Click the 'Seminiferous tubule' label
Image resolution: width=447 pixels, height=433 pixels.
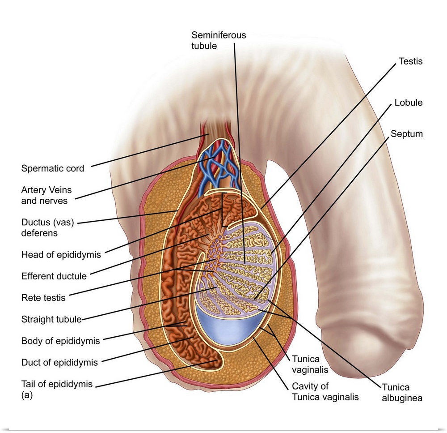tap(219, 40)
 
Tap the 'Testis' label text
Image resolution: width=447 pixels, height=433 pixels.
tap(410, 61)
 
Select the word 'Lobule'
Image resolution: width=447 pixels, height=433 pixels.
tap(408, 103)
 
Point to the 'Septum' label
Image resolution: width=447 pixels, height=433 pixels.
tap(406, 133)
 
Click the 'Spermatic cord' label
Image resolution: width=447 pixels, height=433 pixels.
tap(53, 168)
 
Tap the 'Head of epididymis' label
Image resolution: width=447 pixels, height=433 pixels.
tap(61, 255)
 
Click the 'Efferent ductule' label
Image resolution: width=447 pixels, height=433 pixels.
tap(54, 276)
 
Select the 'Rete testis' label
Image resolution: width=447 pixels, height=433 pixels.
tap(43, 297)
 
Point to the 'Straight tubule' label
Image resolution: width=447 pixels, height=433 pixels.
tap(51, 319)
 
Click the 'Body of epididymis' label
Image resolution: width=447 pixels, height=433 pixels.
tap(61, 341)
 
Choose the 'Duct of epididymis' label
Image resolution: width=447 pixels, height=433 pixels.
tap(59, 362)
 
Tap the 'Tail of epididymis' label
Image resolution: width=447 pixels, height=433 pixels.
tap(57, 384)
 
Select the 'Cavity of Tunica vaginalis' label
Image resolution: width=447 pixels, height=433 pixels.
tap(325, 391)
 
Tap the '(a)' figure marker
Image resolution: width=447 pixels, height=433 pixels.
tap(27, 395)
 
